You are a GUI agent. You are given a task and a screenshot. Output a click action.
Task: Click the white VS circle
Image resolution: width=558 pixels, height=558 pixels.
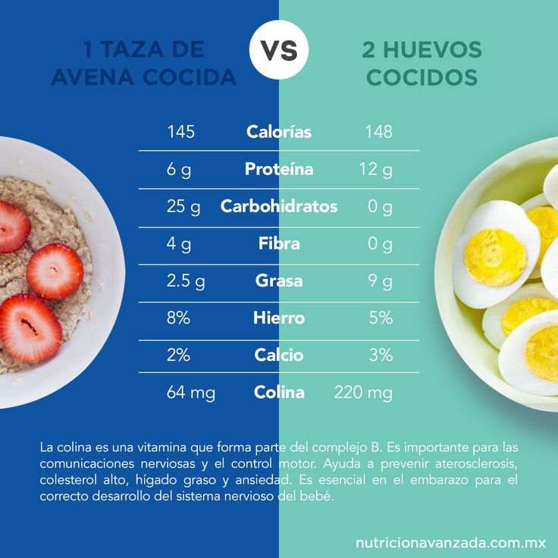point(279,49)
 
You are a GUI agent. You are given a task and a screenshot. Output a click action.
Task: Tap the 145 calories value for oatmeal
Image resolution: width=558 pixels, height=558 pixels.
point(181,132)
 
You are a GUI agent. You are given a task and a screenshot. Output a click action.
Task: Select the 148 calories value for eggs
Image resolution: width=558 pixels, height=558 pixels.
point(379,132)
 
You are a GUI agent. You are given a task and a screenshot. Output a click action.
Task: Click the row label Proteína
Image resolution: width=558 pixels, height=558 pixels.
point(279,168)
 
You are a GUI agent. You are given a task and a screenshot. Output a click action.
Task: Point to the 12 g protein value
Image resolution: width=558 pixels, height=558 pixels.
point(376,169)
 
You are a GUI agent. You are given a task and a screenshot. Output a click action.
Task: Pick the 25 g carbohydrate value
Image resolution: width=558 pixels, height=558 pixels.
point(183,207)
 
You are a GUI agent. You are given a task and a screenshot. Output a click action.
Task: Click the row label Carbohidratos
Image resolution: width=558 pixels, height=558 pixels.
point(279,206)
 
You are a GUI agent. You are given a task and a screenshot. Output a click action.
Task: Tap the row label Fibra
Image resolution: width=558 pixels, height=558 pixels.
point(279,243)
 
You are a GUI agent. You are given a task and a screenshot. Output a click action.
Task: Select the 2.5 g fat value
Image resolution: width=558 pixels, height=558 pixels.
point(186,281)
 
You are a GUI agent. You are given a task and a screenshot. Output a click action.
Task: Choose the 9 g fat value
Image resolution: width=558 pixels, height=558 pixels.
point(381,281)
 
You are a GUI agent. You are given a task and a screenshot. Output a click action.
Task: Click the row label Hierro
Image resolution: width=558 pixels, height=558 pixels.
point(279,318)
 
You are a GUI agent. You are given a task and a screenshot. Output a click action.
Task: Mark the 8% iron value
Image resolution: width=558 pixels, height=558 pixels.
point(178,318)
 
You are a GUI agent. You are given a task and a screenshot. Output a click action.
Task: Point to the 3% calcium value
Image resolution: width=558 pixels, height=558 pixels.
point(381,355)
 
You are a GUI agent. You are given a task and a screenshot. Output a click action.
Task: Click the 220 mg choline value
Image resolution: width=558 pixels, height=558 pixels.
point(363,393)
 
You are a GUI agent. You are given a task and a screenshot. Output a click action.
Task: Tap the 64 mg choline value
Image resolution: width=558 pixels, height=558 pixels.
point(191,393)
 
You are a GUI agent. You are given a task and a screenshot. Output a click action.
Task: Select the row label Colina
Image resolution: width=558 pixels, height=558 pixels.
point(279,392)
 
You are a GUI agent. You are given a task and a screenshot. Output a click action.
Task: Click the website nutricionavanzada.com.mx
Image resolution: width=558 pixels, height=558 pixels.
point(450,543)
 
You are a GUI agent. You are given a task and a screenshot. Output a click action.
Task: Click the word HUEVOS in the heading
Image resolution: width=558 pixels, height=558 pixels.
point(432,49)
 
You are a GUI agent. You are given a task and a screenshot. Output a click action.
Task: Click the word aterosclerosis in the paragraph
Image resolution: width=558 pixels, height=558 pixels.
point(476,464)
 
